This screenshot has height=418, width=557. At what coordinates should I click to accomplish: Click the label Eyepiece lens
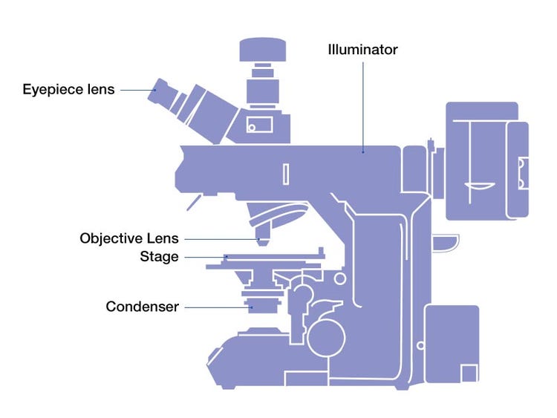point(68,90)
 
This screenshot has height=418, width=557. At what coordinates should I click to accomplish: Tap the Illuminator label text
point(362,50)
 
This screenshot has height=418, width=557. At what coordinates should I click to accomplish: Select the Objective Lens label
point(129,238)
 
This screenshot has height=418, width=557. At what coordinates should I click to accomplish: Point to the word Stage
point(159,257)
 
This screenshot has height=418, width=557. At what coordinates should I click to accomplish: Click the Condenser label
point(142,306)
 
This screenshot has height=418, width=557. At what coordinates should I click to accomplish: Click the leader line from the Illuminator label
point(363,104)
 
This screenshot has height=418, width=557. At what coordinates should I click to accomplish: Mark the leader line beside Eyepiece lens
point(136,91)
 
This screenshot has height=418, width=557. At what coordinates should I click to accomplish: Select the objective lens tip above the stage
point(261,241)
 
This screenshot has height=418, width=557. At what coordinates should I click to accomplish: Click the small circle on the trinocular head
point(252,127)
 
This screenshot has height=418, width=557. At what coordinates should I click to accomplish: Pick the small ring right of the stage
point(340,279)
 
